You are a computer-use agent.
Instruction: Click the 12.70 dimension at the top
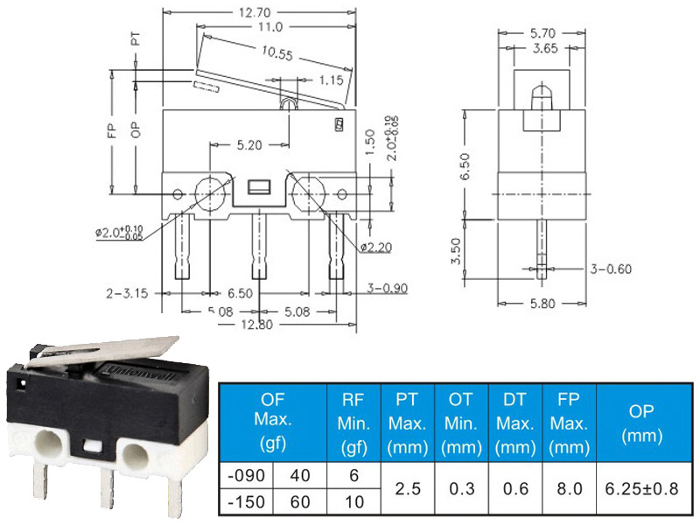(255, 12)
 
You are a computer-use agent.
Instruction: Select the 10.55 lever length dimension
(277, 53)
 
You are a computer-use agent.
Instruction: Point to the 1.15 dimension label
(332, 80)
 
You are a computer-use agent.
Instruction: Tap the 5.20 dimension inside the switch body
(249, 145)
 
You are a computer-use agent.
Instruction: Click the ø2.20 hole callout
(376, 247)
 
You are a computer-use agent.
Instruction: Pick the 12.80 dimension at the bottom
(256, 324)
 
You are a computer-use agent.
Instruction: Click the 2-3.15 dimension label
(127, 293)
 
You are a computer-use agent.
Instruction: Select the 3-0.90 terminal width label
(387, 288)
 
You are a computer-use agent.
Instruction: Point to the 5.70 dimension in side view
(542, 33)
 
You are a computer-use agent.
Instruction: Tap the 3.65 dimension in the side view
(545, 48)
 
